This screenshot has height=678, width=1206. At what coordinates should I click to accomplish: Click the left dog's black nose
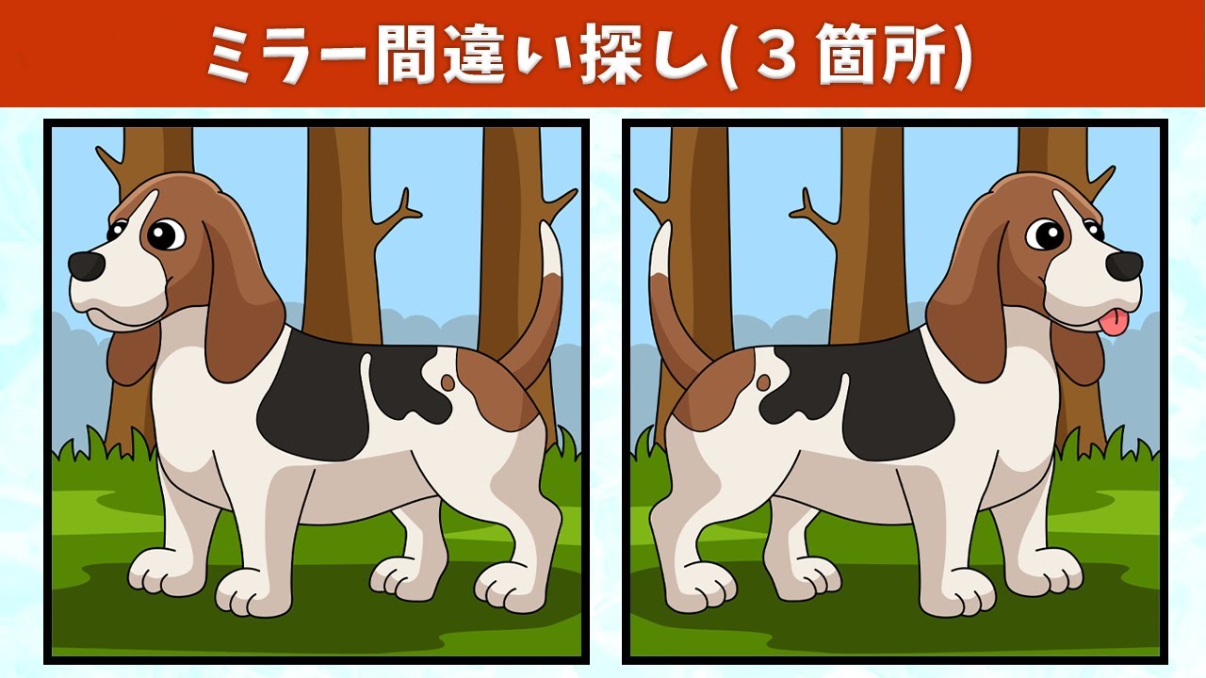[x=86, y=266]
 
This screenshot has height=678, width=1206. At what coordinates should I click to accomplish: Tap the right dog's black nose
[x=1125, y=266]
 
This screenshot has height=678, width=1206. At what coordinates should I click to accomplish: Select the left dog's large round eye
[x=166, y=234]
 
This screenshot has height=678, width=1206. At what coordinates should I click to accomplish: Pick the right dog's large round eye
[x=1045, y=234]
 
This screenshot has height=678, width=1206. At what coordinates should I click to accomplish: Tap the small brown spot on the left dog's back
[x=448, y=382]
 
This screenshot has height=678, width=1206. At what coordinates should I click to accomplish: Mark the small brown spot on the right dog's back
[x=763, y=382]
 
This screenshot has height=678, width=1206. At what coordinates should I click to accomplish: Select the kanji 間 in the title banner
[x=405, y=55]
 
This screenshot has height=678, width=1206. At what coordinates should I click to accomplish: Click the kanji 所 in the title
[x=911, y=55]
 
